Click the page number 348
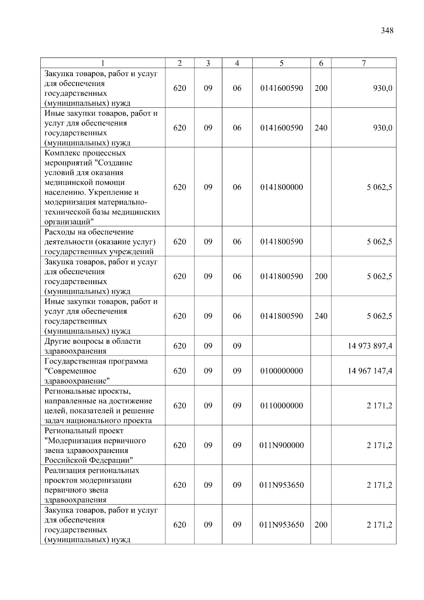pyautogui.click(x=387, y=31)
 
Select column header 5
pyautogui.click(x=281, y=63)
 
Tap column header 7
pyautogui.click(x=364, y=63)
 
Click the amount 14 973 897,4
pyautogui.click(x=370, y=346)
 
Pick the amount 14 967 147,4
pyautogui.click(x=370, y=371)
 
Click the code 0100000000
pyautogui.click(x=281, y=371)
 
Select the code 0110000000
pyautogui.click(x=281, y=406)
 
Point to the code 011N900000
pyautogui.click(x=281, y=445)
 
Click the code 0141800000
pyautogui.click(x=281, y=187)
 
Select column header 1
pyautogui.click(x=102, y=63)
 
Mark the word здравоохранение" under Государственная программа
pyautogui.click(x=77, y=381)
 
